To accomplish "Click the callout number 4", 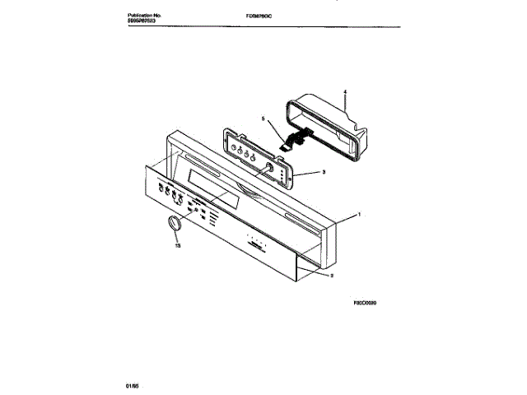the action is pyautogui.click(x=345, y=93).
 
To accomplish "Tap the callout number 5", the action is pyautogui.click(x=262, y=118).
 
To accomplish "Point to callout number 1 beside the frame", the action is pyautogui.click(x=358, y=214).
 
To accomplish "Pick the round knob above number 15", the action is pyautogui.click(x=173, y=224).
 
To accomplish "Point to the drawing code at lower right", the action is pyautogui.click(x=366, y=302).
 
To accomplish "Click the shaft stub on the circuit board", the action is pyautogui.click(x=268, y=168).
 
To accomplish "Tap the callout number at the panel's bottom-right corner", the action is pyautogui.click(x=331, y=277).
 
